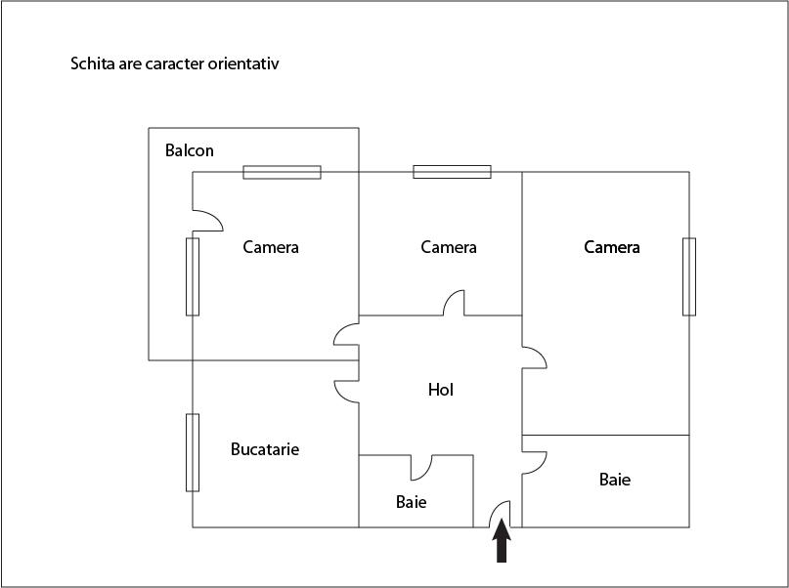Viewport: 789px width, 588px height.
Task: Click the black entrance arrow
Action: point(502,541)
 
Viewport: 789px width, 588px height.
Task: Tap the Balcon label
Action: point(190,150)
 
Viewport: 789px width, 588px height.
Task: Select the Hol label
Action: point(441,390)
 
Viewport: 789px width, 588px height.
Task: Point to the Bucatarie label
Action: point(265,448)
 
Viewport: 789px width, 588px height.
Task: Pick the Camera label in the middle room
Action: point(449,247)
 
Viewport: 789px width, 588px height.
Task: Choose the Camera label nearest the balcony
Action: point(271,247)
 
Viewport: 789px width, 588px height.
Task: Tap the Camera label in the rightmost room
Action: point(612,247)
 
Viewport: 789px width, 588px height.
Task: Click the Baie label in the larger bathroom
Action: point(615,479)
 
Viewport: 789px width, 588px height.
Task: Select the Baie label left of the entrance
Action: point(411,502)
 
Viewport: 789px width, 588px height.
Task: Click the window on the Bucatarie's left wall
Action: point(193,452)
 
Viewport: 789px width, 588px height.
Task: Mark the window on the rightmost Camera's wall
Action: point(689,277)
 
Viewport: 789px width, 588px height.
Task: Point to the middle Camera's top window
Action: point(452,172)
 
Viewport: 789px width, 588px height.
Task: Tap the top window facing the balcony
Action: point(282,172)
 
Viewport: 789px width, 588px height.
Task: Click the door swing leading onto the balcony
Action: point(208,221)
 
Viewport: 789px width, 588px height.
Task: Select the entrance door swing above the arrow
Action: point(500,514)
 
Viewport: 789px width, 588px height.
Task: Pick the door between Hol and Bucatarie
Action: point(347,392)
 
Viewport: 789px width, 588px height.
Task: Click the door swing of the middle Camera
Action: point(454,303)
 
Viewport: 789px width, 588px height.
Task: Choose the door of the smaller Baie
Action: point(421,468)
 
